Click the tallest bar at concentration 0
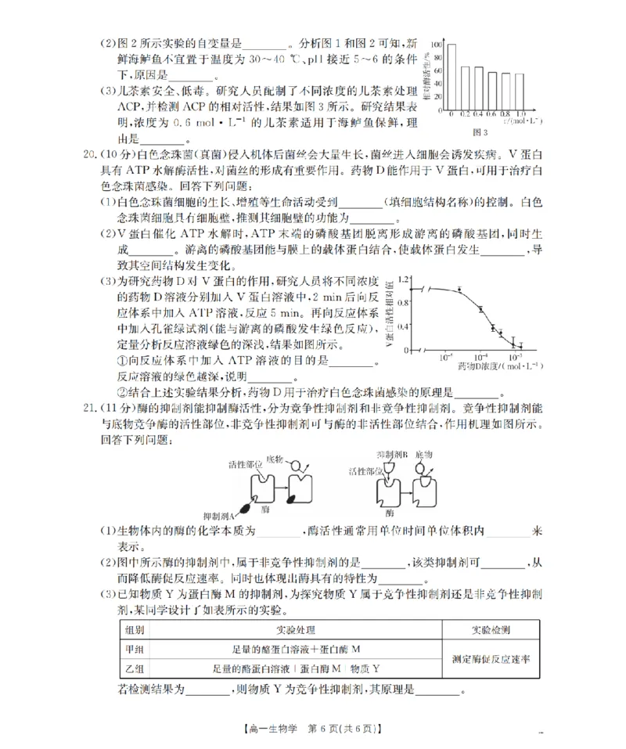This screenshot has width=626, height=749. click(x=452, y=77)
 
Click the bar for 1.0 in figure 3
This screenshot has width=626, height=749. click(x=520, y=92)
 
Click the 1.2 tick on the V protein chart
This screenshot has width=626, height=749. click(x=404, y=279)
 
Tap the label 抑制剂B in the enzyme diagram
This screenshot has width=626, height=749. click(x=390, y=454)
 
